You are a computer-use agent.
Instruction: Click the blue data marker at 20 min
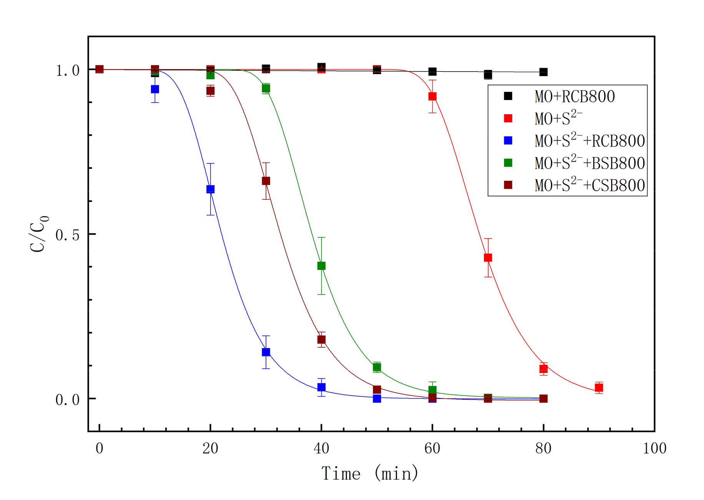tap(210, 189)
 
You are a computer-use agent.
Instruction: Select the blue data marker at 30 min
tap(266, 352)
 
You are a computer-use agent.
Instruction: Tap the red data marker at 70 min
tap(488, 257)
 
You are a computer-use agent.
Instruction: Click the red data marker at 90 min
tap(599, 388)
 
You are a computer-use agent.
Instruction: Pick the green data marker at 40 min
tap(322, 266)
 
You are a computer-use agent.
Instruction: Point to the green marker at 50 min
tap(377, 367)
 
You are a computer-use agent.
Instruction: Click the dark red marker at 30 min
tap(266, 181)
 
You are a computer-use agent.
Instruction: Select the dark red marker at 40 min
tap(322, 340)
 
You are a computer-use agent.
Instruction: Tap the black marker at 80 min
tap(543, 72)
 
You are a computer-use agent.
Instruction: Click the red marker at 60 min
tap(432, 96)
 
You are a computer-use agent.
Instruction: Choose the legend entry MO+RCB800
tap(574, 96)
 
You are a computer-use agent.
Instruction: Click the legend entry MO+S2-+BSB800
tap(589, 163)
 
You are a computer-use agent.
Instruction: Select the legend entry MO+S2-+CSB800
tap(589, 185)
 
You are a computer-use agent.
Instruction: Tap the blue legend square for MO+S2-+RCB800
tap(508, 141)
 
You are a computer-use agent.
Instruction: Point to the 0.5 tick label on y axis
tap(67, 235)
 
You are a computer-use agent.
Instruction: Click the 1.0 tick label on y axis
tap(67, 70)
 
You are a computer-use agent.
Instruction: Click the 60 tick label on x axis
tap(432, 448)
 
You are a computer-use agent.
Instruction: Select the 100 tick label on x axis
tap(654, 448)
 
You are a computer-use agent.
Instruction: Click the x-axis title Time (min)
tap(370, 473)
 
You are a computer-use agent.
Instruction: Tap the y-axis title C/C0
tap(38, 234)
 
